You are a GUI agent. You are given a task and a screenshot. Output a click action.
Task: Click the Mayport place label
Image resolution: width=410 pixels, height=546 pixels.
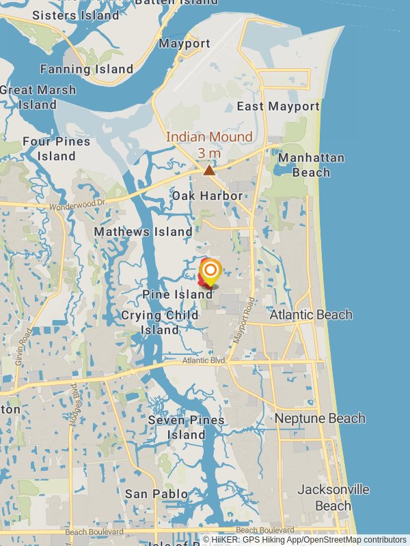click(x=184, y=44)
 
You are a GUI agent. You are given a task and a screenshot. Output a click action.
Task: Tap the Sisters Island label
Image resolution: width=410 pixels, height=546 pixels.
click(x=76, y=15)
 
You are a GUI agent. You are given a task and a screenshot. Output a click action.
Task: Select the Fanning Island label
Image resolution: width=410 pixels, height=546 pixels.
click(x=87, y=69)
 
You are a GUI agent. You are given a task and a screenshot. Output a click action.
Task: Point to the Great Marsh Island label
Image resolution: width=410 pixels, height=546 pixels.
click(x=38, y=97)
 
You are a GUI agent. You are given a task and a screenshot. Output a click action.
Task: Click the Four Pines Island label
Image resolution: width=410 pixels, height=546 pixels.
click(x=56, y=149)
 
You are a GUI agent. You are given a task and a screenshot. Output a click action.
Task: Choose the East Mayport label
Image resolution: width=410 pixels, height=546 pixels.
click(x=278, y=106)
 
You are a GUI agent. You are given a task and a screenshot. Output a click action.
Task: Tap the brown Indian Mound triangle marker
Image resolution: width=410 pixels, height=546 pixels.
click(x=209, y=170)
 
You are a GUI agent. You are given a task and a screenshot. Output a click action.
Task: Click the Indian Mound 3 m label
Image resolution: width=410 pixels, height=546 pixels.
click(x=209, y=145)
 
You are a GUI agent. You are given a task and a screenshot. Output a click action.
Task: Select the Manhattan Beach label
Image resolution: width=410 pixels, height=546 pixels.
click(x=312, y=165)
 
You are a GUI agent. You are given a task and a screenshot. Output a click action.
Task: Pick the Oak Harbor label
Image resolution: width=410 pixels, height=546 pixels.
click(x=207, y=196)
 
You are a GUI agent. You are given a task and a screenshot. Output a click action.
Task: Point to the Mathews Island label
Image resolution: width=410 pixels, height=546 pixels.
click(x=143, y=232)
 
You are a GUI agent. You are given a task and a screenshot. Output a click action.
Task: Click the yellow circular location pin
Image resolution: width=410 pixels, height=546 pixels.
click(x=210, y=270)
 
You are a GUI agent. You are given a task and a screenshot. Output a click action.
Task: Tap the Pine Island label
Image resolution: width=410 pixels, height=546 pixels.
click(x=178, y=294)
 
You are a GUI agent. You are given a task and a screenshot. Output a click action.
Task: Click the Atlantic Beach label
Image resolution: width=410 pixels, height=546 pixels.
click(x=311, y=315)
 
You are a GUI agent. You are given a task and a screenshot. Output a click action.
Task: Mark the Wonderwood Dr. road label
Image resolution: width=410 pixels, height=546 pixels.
click(x=79, y=205)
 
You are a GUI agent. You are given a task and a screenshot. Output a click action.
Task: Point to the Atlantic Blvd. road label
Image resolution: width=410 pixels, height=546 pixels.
click(x=204, y=360)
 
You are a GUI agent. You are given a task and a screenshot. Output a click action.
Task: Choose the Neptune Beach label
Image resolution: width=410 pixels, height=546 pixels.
click(x=320, y=418)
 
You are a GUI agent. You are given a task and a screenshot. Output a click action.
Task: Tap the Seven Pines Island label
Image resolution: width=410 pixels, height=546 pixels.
click(x=186, y=427)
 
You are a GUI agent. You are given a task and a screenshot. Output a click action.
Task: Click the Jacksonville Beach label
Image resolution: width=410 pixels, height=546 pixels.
click(x=333, y=498)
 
